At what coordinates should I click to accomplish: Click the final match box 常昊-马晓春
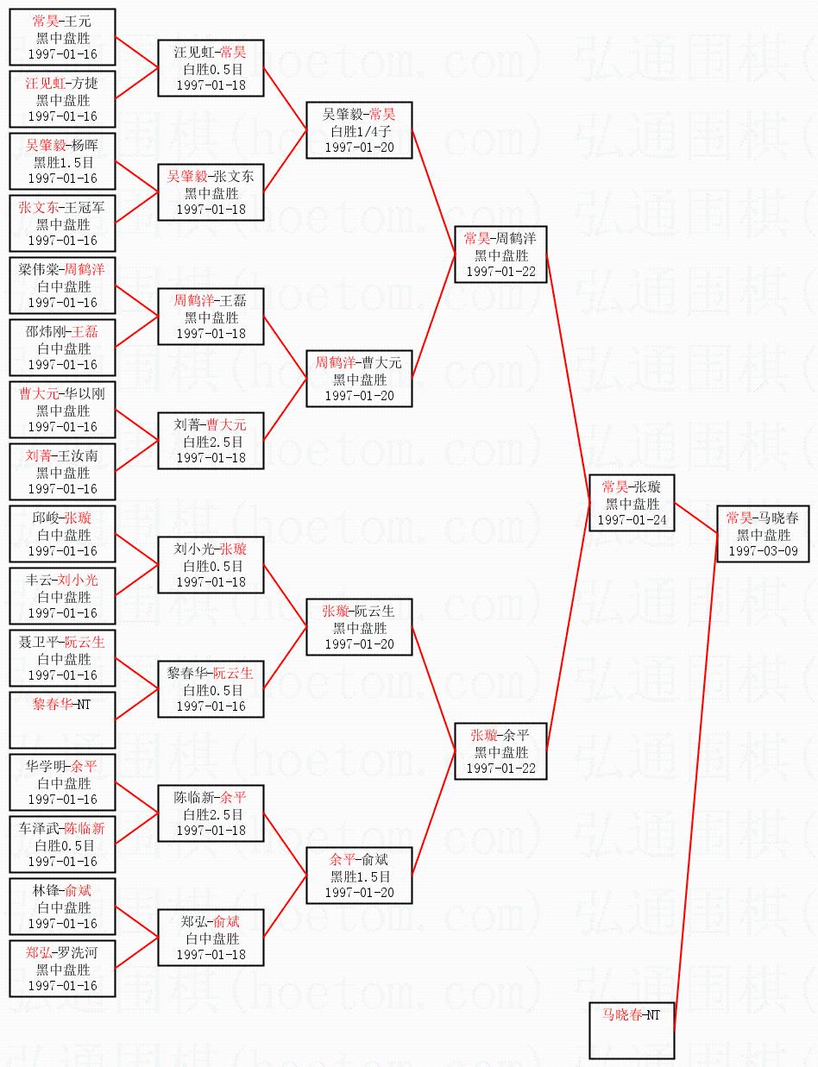coord(763,534)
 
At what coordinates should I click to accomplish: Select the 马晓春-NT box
coord(632,1030)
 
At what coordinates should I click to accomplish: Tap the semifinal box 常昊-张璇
coord(632,503)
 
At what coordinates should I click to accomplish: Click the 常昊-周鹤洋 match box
coord(500,254)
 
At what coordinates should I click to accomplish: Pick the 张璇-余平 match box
coord(500,751)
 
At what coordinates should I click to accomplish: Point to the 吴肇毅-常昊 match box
coord(359,130)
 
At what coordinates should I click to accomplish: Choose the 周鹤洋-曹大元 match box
coord(359,379)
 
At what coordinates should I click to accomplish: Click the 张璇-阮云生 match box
coord(359,627)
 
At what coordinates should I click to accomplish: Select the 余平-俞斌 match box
coord(359,876)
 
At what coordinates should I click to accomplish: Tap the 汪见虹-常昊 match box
coord(210,68)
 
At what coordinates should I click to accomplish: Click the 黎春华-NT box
coord(62,719)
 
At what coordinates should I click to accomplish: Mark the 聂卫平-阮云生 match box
coord(62,658)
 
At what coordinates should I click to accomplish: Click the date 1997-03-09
coord(763,550)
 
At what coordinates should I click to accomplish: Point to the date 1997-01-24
coord(632,519)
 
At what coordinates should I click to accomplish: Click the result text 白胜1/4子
coord(359,131)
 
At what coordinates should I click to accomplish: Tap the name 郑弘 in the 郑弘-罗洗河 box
coord(38,952)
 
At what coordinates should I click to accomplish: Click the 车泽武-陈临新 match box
coord(62,844)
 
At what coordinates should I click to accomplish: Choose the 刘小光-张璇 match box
coord(210,565)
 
